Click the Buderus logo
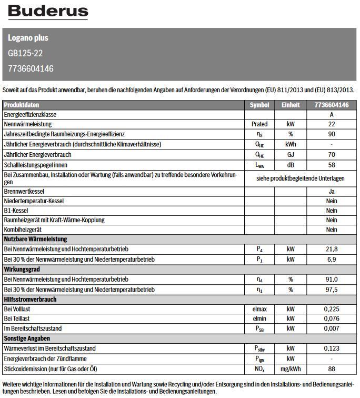click(x=48, y=12)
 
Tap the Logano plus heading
click(x=28, y=38)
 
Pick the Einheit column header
click(x=291, y=105)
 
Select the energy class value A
click(x=332, y=115)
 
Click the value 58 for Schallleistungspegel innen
click(x=332, y=165)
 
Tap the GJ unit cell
click(x=291, y=155)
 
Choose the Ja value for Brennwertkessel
click(x=332, y=192)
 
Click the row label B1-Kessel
click(x=16, y=211)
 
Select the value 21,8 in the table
click(x=332, y=249)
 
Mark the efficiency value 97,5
click(x=332, y=290)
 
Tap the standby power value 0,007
click(x=332, y=329)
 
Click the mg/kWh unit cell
click(x=291, y=369)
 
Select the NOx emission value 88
click(x=332, y=369)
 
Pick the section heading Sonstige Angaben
click(x=27, y=339)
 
